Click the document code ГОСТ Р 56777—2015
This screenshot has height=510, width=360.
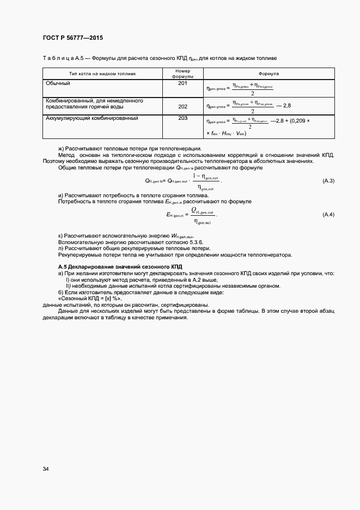click(72, 38)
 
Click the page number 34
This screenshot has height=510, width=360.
click(46, 469)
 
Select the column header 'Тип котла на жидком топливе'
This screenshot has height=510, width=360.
click(102, 73)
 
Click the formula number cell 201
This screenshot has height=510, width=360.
click(182, 83)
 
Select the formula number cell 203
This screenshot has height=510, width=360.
click(182, 118)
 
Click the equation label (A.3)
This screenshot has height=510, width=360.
click(328, 180)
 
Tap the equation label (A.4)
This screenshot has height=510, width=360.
click(328, 215)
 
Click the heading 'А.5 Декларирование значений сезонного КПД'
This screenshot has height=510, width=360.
click(120, 266)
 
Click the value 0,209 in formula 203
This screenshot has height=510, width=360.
click(300, 122)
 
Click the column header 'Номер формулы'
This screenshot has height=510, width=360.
click(182, 74)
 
